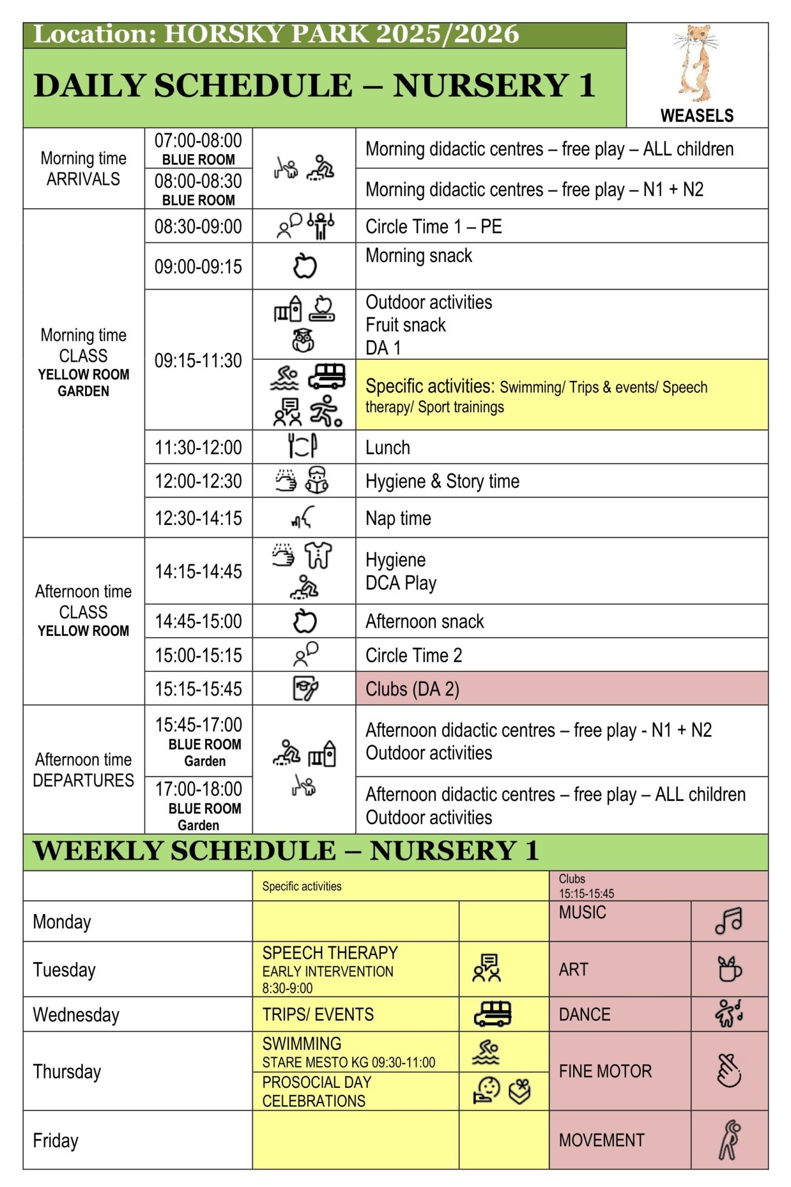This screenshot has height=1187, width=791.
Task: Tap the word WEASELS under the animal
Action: point(697,116)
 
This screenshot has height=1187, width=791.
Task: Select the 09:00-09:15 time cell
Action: point(198,267)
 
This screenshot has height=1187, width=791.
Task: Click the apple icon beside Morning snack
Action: point(304,266)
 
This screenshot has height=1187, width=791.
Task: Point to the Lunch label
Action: point(388,447)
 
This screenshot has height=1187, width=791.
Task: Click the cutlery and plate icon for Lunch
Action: point(302,446)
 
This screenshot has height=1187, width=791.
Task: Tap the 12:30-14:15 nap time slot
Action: point(198,518)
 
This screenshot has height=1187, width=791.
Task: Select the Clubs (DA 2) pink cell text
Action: point(412,689)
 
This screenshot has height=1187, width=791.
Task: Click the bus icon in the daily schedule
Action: point(327,377)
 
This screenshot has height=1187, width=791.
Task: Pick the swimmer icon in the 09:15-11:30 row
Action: point(285,378)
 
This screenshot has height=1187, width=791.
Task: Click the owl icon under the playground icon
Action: point(303,341)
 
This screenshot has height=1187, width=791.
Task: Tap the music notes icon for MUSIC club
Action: point(728,920)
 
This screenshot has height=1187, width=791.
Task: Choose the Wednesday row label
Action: point(76,1014)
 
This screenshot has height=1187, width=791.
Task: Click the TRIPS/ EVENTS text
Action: point(318,1014)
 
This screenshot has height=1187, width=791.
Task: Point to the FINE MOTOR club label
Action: point(605,1071)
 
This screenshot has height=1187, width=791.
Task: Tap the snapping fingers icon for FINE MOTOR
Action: point(729,1071)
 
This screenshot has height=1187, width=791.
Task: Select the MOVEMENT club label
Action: point(601,1140)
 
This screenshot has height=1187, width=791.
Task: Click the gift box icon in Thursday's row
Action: point(519,1091)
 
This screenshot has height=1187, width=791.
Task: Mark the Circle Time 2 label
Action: point(414,656)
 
